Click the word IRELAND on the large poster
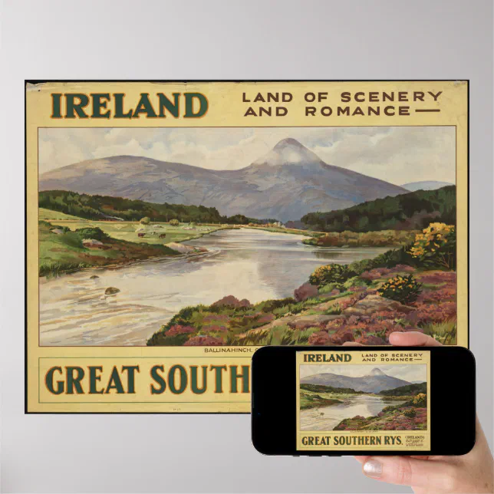pos(130,105)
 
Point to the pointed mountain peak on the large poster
pos(289,143)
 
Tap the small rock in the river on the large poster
pos(111,291)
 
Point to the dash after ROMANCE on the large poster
pos(428,111)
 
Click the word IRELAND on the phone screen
pos(328,357)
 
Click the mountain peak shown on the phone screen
pos(376,371)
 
